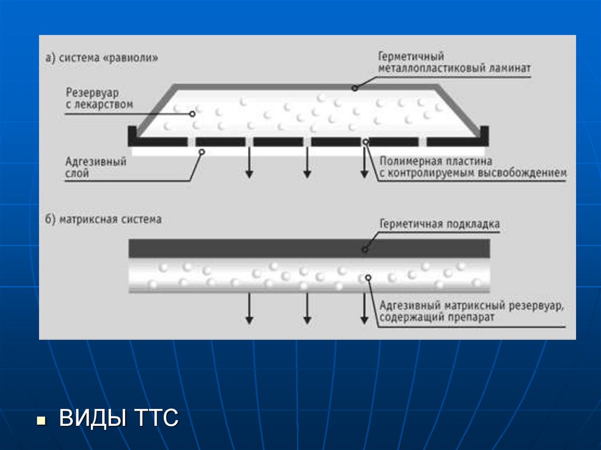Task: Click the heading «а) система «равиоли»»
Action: (102, 59)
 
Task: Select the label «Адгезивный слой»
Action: (96, 167)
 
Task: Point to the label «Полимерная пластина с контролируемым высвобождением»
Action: (473, 167)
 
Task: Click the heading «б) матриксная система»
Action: (103, 220)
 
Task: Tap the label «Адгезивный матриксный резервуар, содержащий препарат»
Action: (472, 312)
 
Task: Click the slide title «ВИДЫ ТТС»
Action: (119, 419)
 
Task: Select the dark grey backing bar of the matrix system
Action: (309, 248)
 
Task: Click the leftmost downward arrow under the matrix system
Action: (249, 308)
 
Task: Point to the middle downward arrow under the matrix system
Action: (306, 308)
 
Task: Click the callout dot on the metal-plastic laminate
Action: (354, 89)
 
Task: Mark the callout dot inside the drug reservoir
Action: (193, 114)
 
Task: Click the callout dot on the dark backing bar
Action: (364, 249)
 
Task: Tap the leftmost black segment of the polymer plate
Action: (161, 141)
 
